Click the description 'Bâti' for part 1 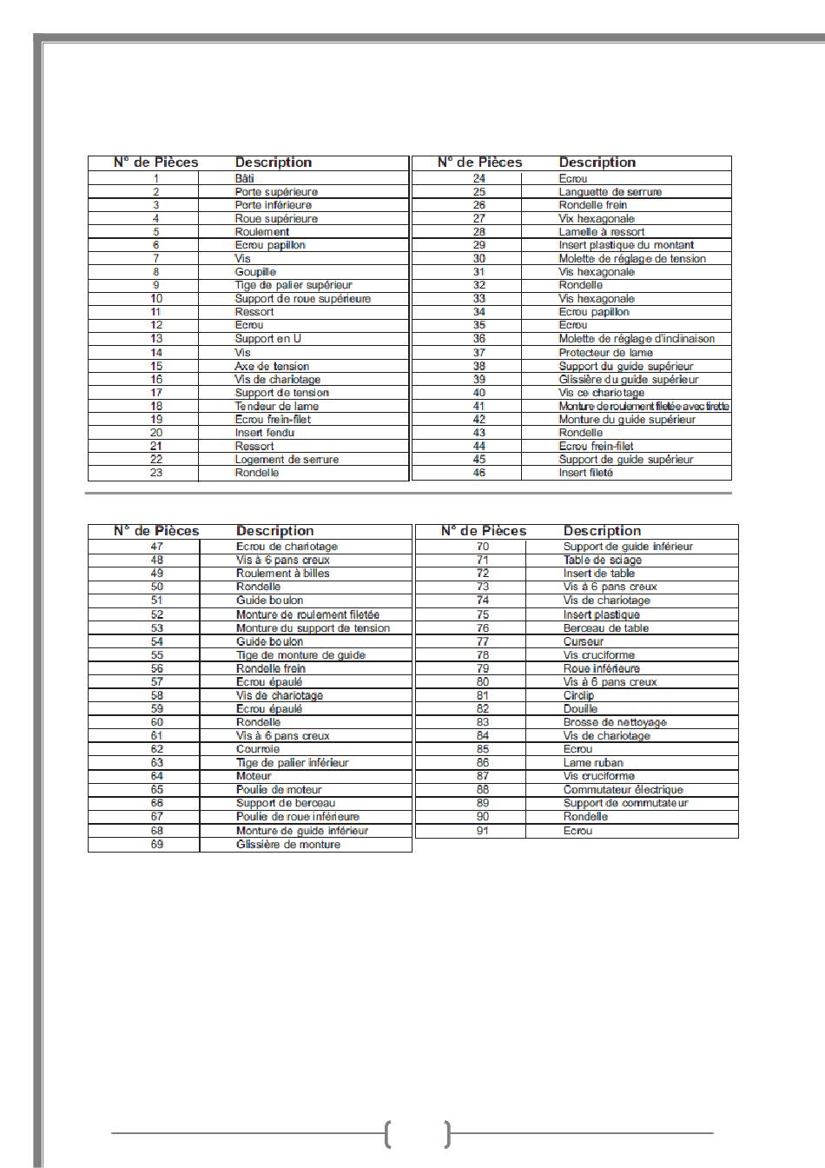[244, 178]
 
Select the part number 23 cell [156, 473]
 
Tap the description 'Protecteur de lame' [605, 353]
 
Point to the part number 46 [478, 473]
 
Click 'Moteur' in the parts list [254, 776]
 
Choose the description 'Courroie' [258, 749]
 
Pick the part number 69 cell [157, 845]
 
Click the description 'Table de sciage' [602, 561]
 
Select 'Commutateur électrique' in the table [623, 790]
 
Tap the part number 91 [483, 831]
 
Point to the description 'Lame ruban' [593, 763]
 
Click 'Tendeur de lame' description [276, 406]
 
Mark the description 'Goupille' [255, 272]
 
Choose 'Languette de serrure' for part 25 [610, 192]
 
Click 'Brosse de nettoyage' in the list [615, 722]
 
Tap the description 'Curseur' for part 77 [583, 641]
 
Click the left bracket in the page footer [387, 1134]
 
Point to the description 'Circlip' [578, 695]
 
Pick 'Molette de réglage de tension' [632, 259]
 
